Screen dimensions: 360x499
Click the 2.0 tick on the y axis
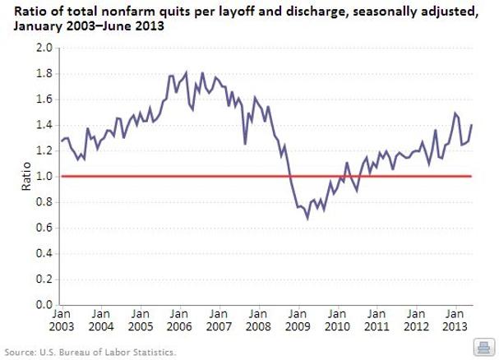44,48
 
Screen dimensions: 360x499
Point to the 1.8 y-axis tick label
44,74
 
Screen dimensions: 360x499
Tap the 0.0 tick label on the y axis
44,305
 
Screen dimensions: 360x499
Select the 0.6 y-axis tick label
44,228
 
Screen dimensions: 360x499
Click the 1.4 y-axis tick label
44,125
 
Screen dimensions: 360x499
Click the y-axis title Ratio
25,176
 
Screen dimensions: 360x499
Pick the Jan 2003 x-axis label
62,319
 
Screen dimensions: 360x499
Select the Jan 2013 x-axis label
455,319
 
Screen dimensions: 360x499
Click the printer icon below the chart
483,346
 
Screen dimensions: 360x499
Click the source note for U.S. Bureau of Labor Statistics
90,352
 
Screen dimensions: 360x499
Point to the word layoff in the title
238,9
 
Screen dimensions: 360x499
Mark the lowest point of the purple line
307,219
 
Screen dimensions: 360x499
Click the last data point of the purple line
472,125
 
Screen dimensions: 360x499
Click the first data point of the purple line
62,141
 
